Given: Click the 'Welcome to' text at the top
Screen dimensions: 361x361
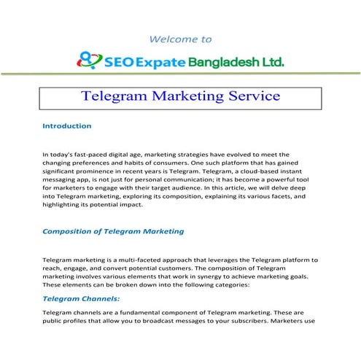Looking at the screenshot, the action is (180, 39).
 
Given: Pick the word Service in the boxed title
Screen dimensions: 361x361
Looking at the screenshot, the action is (250, 96).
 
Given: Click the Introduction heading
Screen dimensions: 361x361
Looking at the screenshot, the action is (67, 125).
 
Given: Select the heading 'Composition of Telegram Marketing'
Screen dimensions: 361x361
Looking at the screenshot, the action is (113, 231).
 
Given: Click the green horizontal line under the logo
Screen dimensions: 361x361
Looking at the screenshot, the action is (180, 73).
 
